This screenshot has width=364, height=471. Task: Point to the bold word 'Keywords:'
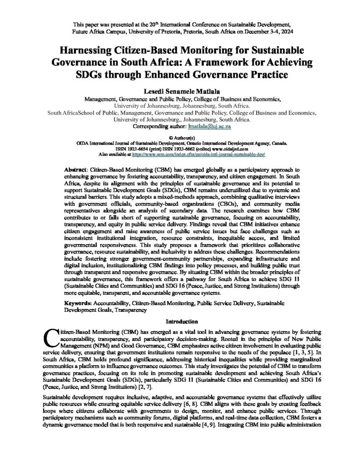coord(78,304)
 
